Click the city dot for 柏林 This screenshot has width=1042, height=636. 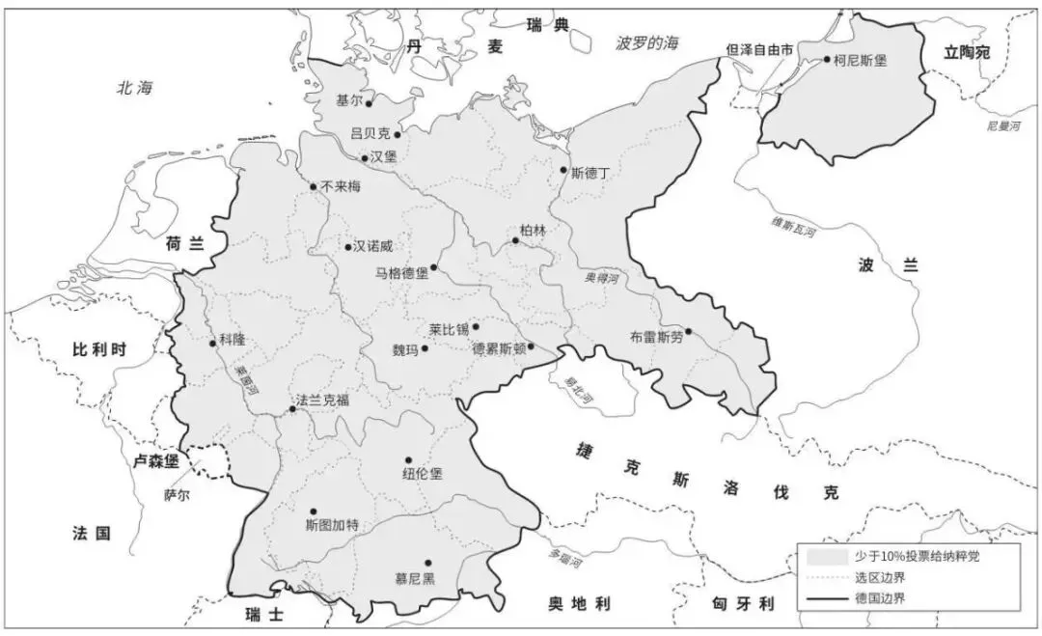click(515, 241)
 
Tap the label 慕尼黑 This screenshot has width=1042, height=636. click(415, 578)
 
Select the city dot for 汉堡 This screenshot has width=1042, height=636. click(365, 158)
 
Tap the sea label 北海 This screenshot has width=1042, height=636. click(135, 88)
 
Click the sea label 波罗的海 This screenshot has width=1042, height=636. click(647, 43)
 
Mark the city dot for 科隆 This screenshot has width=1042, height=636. click(212, 343)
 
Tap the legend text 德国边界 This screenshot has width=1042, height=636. click(879, 598)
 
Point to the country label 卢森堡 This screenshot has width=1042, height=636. click(155, 461)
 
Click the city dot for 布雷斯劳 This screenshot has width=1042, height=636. click(688, 331)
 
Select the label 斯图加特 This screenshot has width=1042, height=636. click(331, 525)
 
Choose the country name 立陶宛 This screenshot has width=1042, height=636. click(967, 53)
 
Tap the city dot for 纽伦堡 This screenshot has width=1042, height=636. click(408, 460)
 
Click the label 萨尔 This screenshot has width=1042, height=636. click(177, 494)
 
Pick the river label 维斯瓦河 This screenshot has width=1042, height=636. click(793, 228)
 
